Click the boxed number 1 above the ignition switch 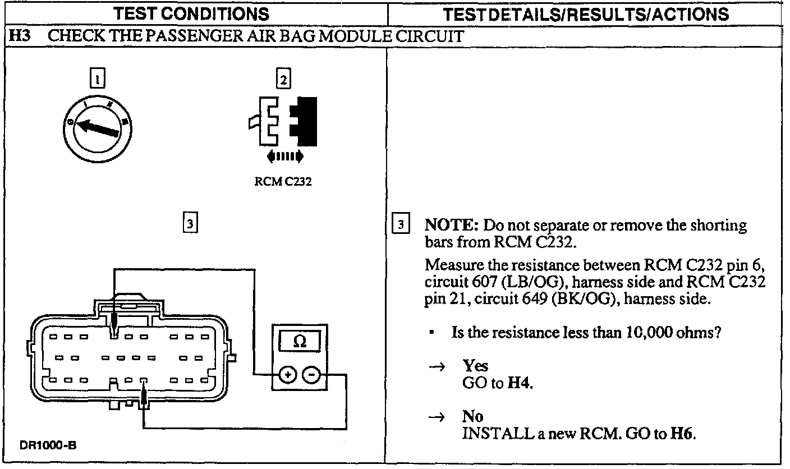coord(98,79)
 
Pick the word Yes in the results coord(475,366)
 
